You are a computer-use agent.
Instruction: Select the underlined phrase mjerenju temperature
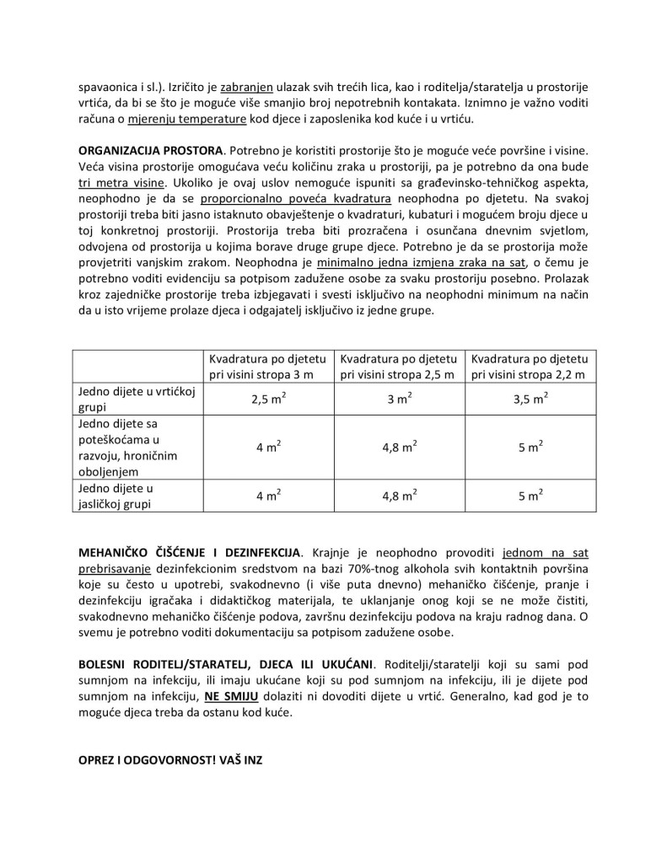pyautogui.click(x=186, y=118)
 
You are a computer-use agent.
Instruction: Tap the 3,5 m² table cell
pyautogui.click(x=530, y=399)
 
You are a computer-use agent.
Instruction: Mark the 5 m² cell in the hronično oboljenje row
pyautogui.click(x=530, y=448)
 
